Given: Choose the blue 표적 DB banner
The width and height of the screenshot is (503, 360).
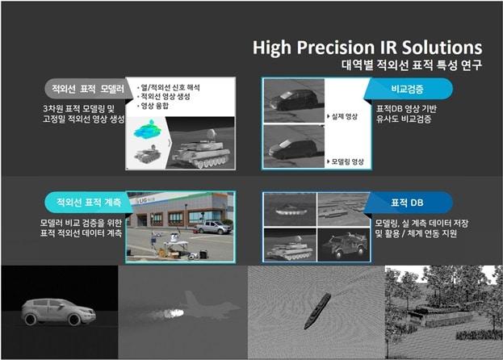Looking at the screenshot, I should (x=408, y=202).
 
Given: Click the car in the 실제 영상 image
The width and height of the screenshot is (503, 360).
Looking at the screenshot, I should (x=296, y=100).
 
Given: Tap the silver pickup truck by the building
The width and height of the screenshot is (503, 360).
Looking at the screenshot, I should (x=212, y=228).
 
